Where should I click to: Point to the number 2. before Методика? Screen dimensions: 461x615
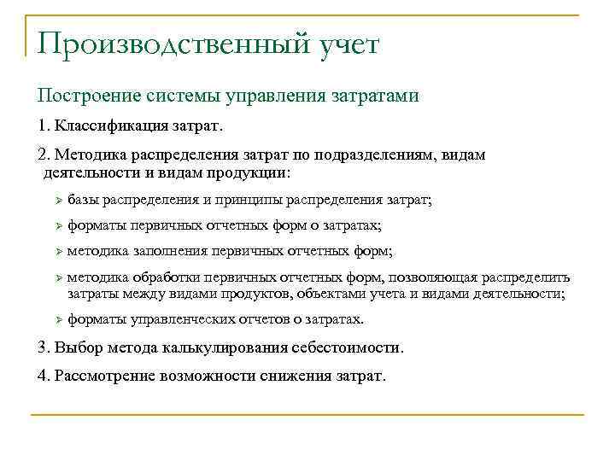point(44,155)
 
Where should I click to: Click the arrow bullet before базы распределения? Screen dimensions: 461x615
point(56,200)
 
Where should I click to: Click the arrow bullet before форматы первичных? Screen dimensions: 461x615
point(56,226)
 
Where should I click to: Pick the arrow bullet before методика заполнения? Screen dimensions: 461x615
point(56,252)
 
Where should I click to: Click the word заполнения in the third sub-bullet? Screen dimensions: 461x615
point(170,252)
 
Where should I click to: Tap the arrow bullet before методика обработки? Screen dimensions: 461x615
point(56,278)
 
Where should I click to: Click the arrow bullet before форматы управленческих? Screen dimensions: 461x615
point(56,319)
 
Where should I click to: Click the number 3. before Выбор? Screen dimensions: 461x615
point(44,347)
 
